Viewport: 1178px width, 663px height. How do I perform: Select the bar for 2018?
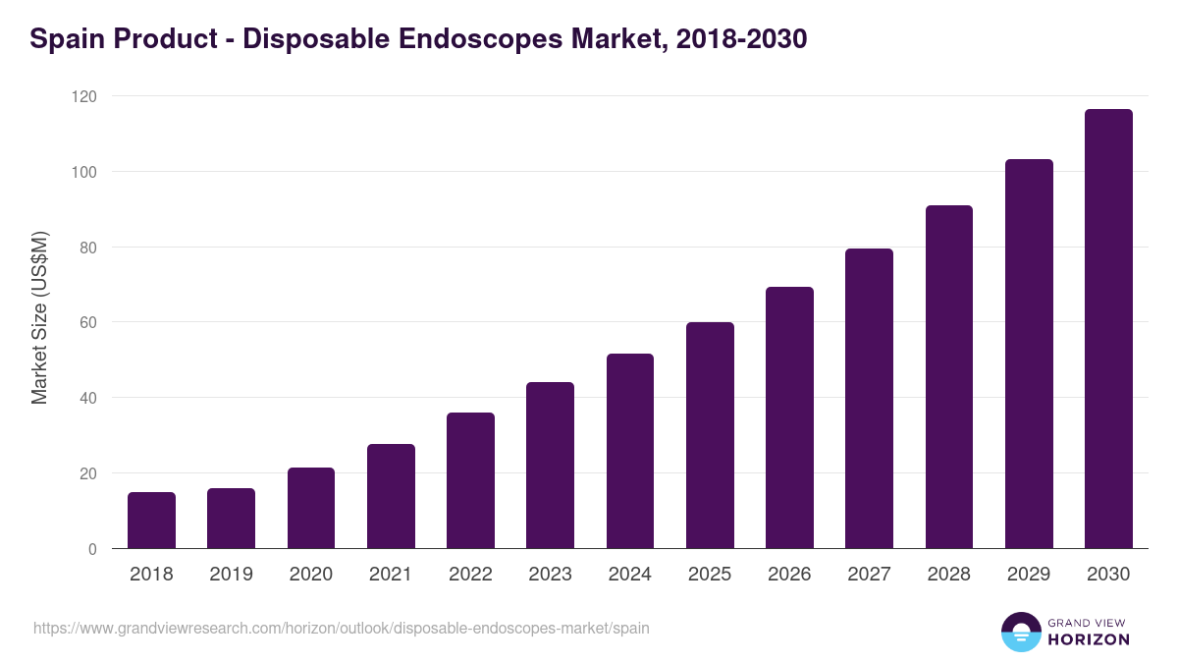tap(151, 521)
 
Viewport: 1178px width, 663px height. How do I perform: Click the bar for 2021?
tap(391, 496)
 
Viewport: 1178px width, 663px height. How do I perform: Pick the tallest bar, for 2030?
tap(1108, 329)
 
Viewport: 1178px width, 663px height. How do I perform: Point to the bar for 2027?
tap(869, 398)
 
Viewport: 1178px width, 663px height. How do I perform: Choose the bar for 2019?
tap(231, 519)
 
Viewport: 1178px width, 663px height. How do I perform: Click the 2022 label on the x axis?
tap(470, 575)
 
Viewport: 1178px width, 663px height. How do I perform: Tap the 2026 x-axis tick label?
tap(789, 575)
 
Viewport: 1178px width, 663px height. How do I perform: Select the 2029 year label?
tap(1029, 575)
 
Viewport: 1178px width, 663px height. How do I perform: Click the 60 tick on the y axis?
tap(89, 322)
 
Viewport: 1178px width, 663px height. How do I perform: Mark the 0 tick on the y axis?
tap(92, 549)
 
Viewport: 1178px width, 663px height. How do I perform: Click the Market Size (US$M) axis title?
tap(39, 318)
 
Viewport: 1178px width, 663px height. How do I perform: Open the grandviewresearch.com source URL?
tap(341, 628)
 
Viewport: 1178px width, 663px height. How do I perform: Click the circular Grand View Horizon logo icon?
tap(1020, 632)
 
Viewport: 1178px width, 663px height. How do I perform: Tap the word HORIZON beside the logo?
tap(1089, 639)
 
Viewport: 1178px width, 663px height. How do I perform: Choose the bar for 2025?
tap(710, 435)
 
